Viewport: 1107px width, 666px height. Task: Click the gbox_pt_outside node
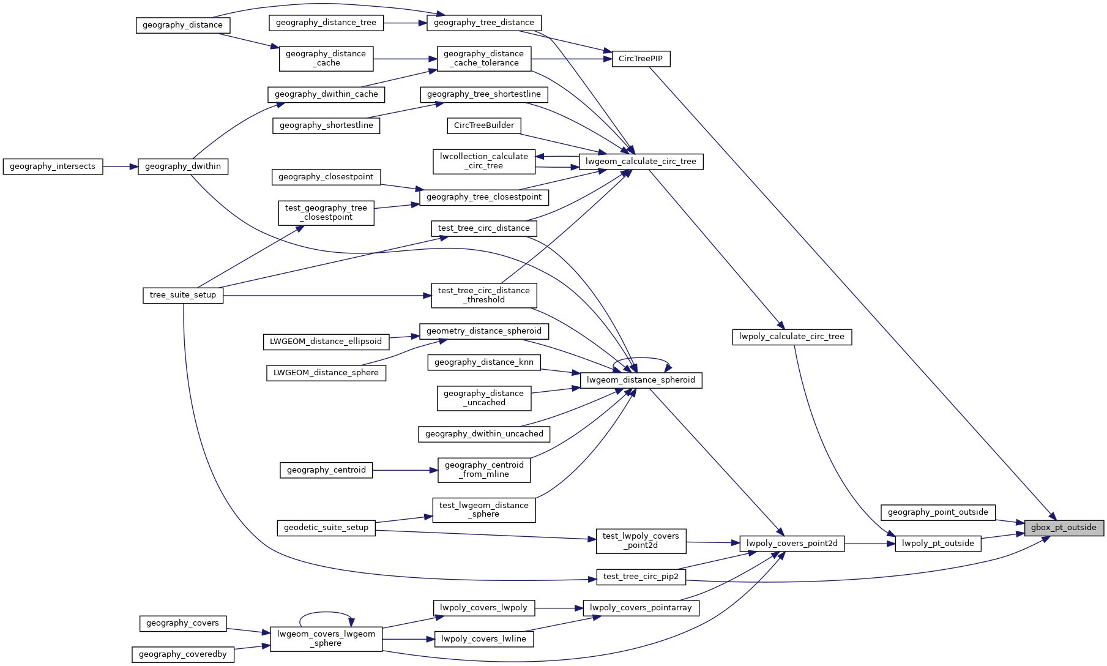1064,528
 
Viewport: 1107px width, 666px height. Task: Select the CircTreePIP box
641,59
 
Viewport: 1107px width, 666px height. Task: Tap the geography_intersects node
53,166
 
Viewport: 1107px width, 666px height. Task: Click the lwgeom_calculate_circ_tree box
641,162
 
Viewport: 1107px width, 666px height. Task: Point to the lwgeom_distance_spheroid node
641,380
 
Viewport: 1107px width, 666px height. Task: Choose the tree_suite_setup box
183,295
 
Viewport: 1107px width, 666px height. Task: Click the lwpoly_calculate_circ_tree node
791,337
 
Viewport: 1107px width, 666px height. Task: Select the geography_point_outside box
937,512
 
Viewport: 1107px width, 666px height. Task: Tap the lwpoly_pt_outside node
937,544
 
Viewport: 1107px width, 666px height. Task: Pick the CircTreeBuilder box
484,125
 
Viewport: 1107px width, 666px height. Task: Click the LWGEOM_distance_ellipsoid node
326,342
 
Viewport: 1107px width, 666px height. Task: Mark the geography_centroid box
326,470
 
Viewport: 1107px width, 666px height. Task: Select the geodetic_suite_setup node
326,528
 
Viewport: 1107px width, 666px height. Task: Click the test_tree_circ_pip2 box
641,577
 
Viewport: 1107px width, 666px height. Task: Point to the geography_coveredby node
182,654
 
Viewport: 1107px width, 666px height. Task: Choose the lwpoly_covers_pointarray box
641,608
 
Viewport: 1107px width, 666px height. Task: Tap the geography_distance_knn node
484,362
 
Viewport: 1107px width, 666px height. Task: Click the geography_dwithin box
183,166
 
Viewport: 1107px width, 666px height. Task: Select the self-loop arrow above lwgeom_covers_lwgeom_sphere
326,612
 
